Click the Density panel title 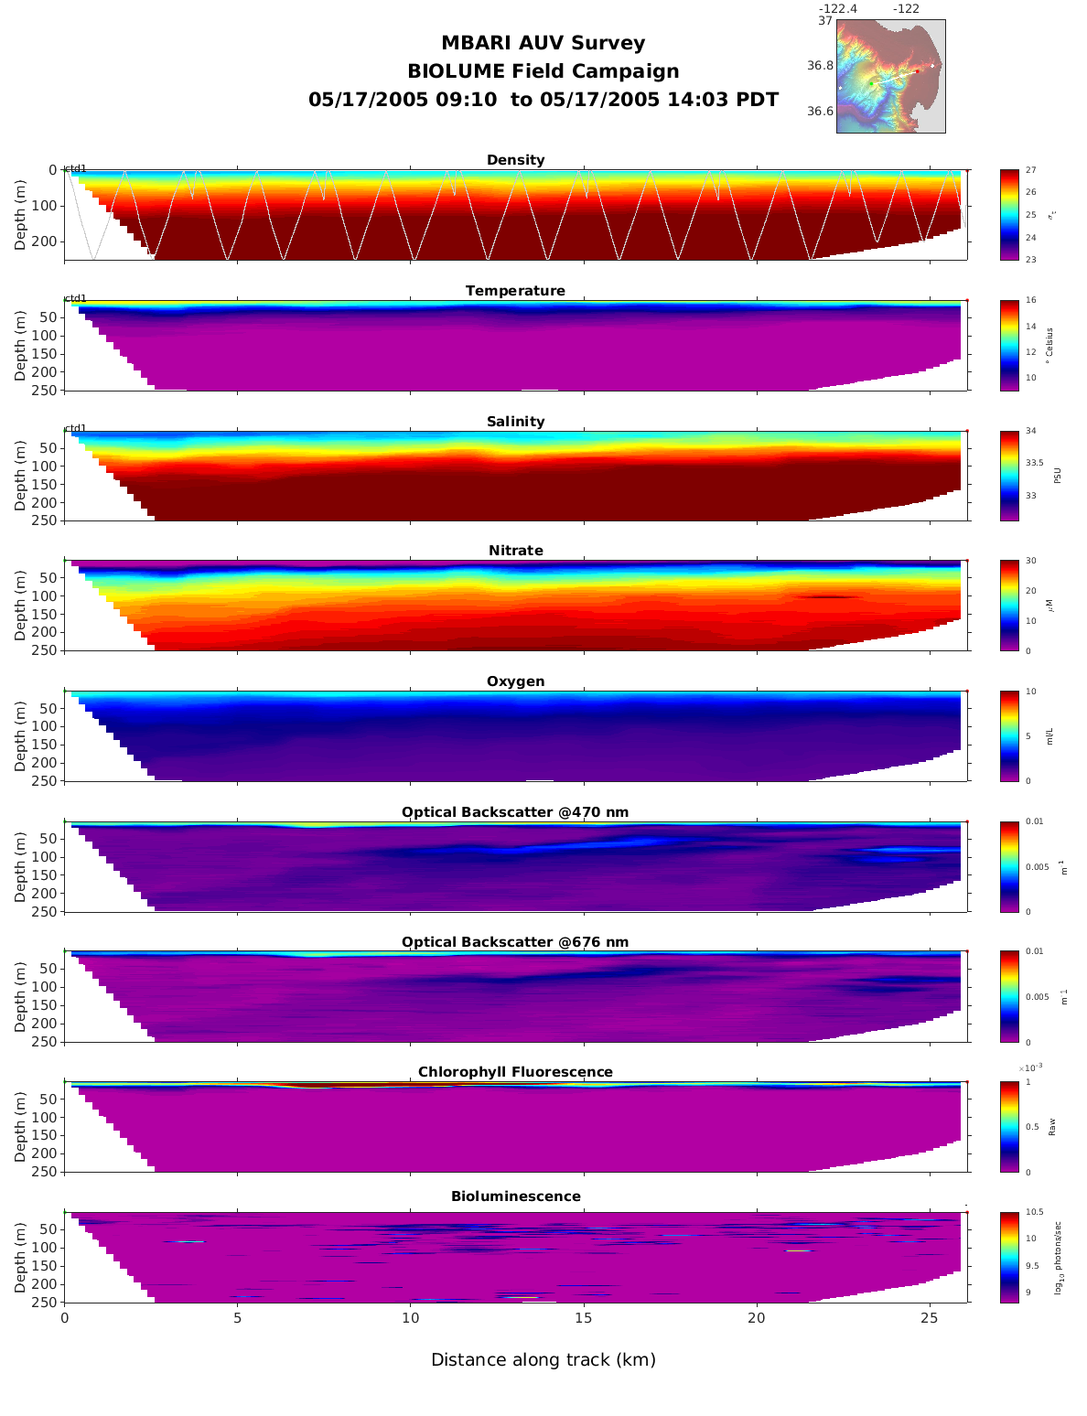click(515, 160)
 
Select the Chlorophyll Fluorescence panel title click(515, 1072)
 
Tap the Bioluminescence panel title click(515, 1196)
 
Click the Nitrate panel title click(515, 551)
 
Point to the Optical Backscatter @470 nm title click(515, 812)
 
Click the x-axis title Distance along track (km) click(543, 1360)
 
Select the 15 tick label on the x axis click(584, 1318)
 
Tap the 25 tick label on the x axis click(930, 1318)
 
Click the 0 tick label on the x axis click(64, 1318)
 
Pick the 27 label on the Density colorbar click(1031, 170)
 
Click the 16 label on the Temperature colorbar click(1031, 301)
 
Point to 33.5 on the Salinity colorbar click(1034, 463)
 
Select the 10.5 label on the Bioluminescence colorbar click(1035, 1213)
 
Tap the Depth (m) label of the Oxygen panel click(20, 736)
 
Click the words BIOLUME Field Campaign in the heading click(543, 71)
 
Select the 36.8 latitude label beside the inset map click(820, 66)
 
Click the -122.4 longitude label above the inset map click(837, 9)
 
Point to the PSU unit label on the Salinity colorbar click(1058, 476)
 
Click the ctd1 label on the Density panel click(75, 168)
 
